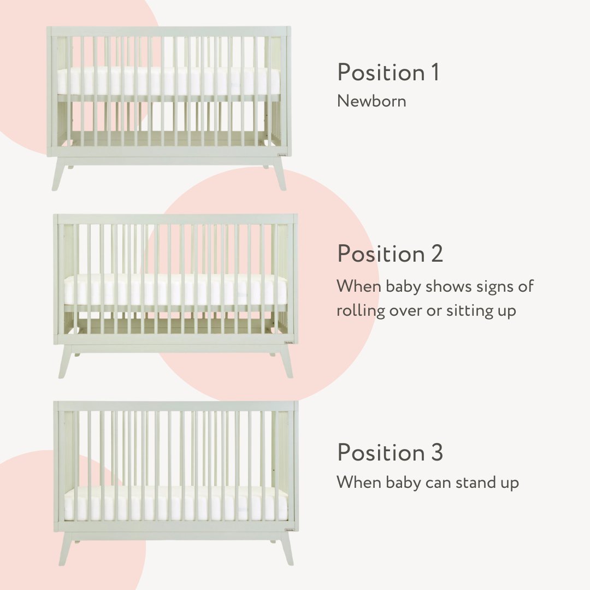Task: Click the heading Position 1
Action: pyautogui.click(x=388, y=73)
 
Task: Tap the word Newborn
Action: pyautogui.click(x=371, y=101)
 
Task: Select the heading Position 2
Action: pyautogui.click(x=390, y=254)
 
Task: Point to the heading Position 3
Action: pyautogui.click(x=390, y=453)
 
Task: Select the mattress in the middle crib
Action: pyautogui.click(x=175, y=290)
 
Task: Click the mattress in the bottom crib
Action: pyautogui.click(x=175, y=504)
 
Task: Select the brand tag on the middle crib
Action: pyautogui.click(x=288, y=343)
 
